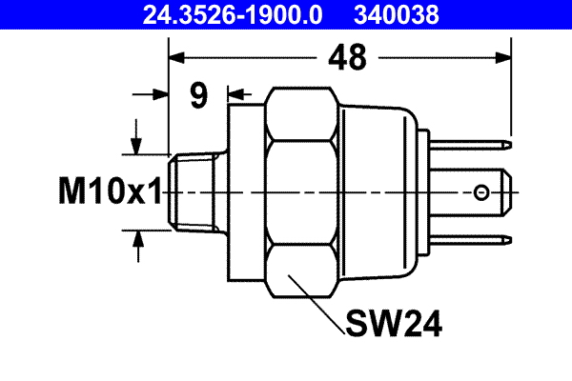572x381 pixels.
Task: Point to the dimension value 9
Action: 198,96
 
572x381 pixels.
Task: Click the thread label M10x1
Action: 106,193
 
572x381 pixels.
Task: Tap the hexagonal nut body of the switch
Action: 303,190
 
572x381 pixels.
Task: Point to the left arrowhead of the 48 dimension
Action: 177,59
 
